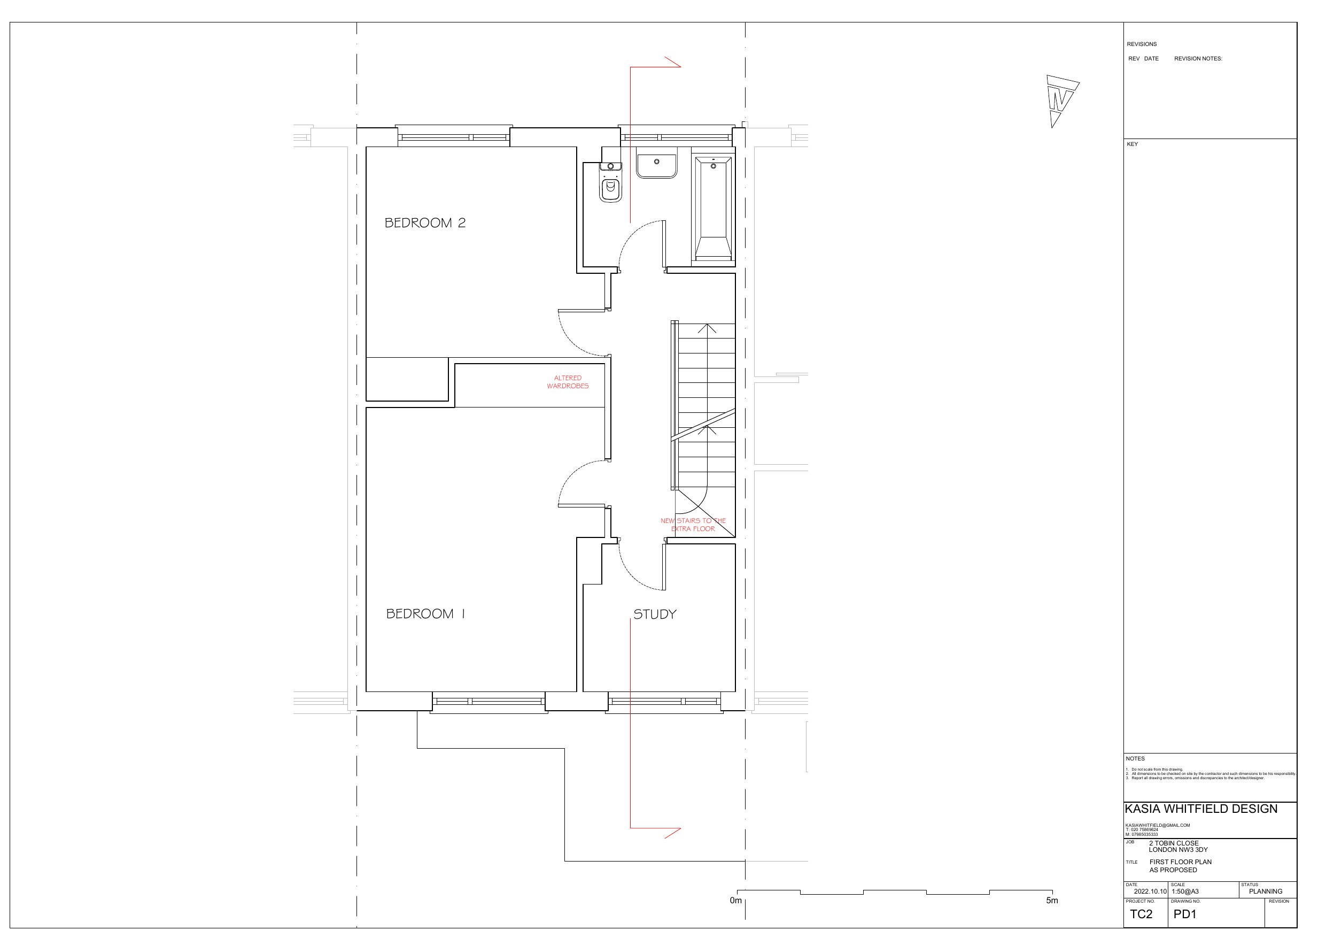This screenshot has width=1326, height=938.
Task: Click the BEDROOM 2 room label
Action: pyautogui.click(x=425, y=223)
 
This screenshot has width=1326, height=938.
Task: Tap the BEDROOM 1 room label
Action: pyautogui.click(x=425, y=614)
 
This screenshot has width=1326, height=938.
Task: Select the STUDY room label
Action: pyautogui.click(x=654, y=614)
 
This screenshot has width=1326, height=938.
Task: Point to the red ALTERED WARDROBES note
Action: pyautogui.click(x=568, y=382)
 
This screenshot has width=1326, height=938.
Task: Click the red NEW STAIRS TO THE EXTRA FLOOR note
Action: pyautogui.click(x=693, y=525)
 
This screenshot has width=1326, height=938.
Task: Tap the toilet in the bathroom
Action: pyautogui.click(x=610, y=185)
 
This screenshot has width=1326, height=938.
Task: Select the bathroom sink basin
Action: pyautogui.click(x=657, y=163)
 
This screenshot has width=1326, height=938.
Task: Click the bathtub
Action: pyautogui.click(x=714, y=208)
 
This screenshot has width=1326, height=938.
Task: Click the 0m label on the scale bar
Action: pyautogui.click(x=735, y=901)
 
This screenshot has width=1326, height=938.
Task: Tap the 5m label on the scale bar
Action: pyautogui.click(x=1052, y=901)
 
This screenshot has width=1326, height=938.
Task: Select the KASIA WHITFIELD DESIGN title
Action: pyautogui.click(x=1201, y=809)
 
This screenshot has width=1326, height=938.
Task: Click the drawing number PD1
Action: pyautogui.click(x=1185, y=914)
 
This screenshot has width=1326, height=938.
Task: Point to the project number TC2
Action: pyautogui.click(x=1141, y=914)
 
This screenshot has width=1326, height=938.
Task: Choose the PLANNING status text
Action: pyautogui.click(x=1266, y=891)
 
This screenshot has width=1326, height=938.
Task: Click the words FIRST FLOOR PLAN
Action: pyautogui.click(x=1181, y=862)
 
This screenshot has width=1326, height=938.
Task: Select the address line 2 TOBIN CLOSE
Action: pyautogui.click(x=1174, y=843)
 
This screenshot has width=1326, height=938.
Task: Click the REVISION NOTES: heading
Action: pyautogui.click(x=1198, y=58)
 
